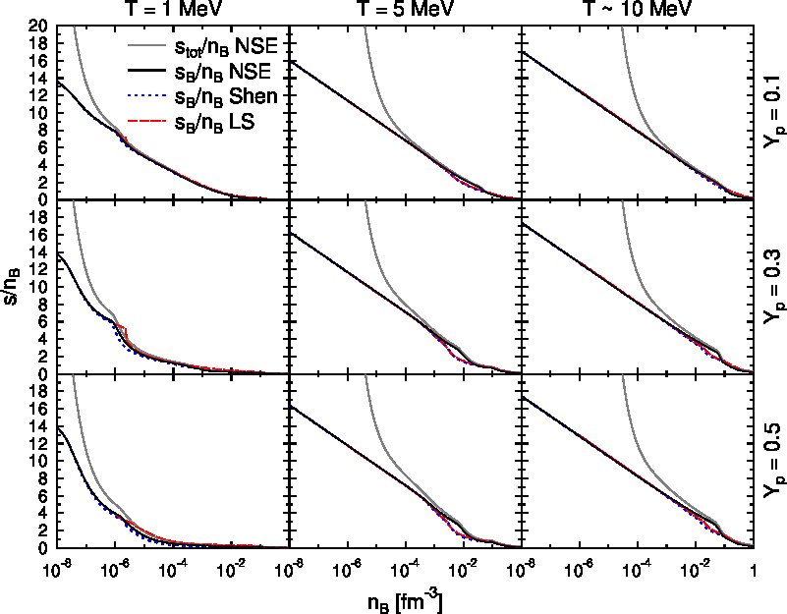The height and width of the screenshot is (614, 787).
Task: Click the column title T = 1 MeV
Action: pos(170,8)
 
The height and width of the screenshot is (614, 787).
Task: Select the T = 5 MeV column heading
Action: pos(404,8)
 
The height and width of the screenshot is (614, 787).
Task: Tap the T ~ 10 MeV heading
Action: pos(637,8)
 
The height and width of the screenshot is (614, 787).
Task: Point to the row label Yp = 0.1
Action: pos(773,112)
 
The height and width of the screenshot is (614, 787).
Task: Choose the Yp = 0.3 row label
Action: pos(773,287)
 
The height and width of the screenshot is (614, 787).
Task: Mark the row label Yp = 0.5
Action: pos(773,461)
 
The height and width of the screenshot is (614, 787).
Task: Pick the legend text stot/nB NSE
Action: pos(226,48)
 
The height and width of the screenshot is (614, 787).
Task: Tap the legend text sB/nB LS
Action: pos(215,123)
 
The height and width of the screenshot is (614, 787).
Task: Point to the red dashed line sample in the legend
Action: pos(146,121)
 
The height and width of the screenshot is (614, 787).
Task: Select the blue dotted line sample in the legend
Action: pos(146,96)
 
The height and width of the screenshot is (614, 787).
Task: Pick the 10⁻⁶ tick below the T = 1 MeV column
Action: pos(114,571)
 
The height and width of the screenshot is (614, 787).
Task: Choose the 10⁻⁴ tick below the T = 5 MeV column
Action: pos(406,571)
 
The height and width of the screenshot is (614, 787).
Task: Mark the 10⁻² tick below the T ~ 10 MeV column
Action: pos(696,571)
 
